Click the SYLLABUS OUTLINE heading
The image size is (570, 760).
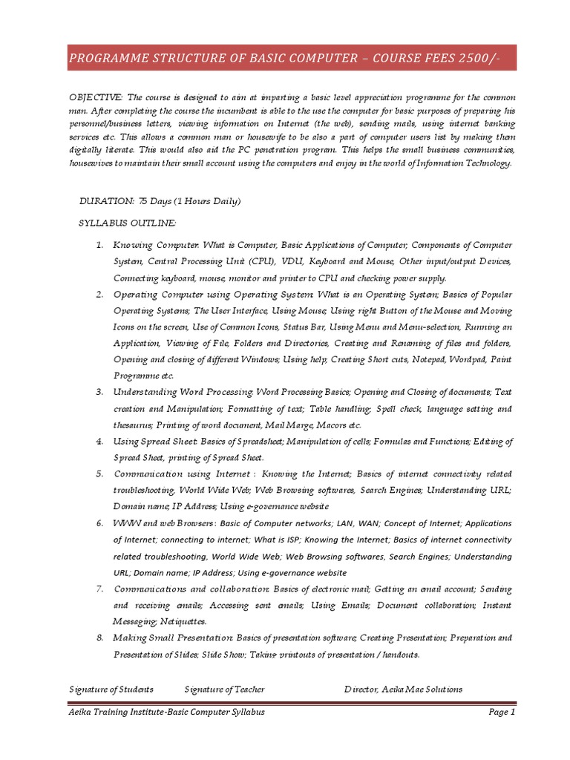(128, 223)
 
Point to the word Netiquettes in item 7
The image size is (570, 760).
(183, 621)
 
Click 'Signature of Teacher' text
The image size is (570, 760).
(224, 689)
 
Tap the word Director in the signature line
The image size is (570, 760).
(361, 689)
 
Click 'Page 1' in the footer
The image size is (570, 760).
(501, 712)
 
